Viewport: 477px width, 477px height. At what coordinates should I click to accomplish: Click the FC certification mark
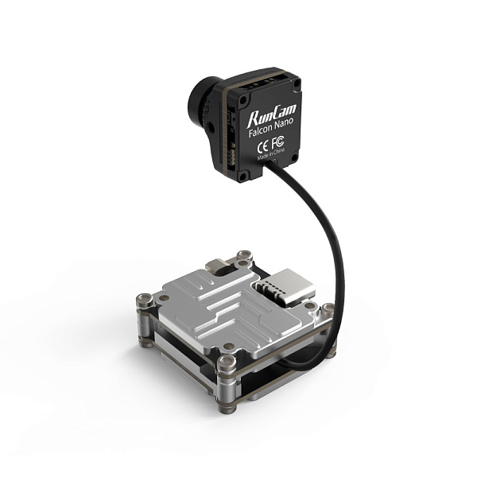(x=278, y=145)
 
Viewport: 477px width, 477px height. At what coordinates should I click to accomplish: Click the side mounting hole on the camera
(x=212, y=125)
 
